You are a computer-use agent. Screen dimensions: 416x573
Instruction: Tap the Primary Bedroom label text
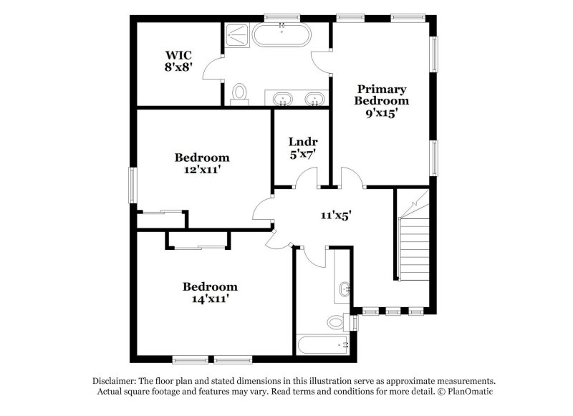pos(382,100)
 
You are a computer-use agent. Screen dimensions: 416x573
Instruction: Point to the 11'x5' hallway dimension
pos(335,213)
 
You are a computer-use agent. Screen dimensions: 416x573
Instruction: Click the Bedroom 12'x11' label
pos(202,163)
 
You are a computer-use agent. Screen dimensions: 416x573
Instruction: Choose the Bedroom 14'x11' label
pos(210,292)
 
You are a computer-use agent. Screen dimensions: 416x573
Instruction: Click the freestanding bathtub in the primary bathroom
pos(283,35)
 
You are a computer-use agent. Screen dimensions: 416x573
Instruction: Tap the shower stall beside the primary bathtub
pos(235,36)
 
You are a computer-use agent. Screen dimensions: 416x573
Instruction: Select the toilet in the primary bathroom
pos(241,92)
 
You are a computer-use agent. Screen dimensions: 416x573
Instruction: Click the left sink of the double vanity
pos(282,98)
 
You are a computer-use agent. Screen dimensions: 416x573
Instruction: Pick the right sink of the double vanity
pos(314,98)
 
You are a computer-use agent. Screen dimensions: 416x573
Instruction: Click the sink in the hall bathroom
pos(345,290)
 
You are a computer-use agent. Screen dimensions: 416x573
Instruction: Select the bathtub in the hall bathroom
pos(324,344)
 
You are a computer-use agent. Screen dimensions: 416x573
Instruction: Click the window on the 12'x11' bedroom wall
pos(132,184)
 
